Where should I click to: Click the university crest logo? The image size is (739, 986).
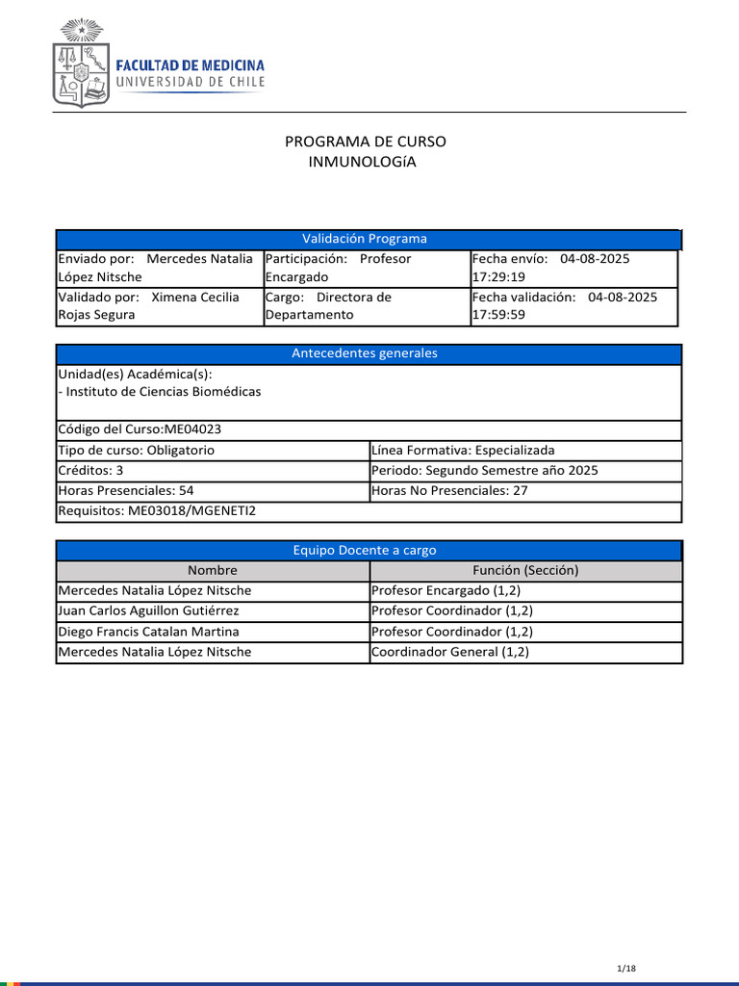click(79, 64)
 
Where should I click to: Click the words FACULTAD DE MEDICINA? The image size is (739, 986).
click(190, 65)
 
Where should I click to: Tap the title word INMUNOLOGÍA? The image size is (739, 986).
click(362, 162)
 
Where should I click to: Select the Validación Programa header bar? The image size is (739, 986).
click(365, 239)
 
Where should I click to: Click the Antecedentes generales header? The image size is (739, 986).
click(365, 353)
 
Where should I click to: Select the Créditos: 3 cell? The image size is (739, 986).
click(91, 470)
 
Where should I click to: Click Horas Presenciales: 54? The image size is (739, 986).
click(126, 490)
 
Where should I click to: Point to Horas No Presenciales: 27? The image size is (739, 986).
click(449, 490)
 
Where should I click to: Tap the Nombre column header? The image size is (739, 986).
click(213, 570)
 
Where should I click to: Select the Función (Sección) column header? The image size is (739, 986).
click(525, 570)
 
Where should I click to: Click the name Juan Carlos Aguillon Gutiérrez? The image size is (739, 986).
click(149, 610)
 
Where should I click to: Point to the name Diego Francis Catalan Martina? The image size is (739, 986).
click(149, 632)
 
